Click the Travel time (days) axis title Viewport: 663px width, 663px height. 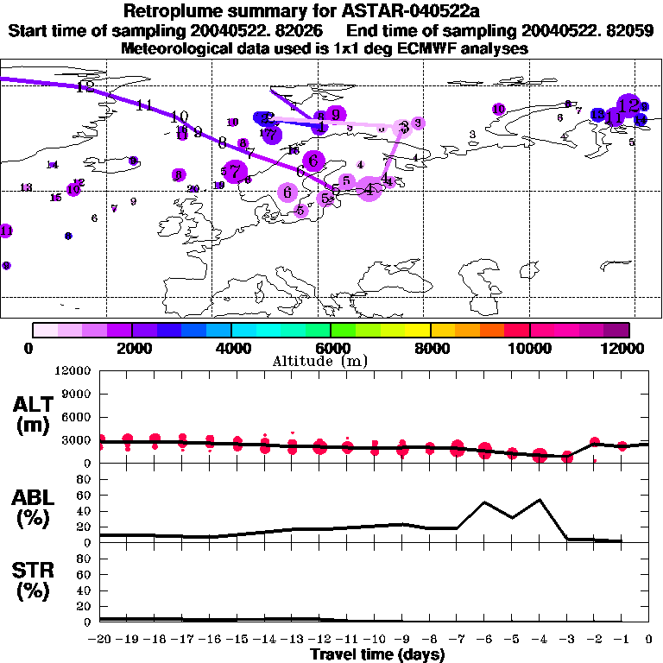pyautogui.click(x=377, y=654)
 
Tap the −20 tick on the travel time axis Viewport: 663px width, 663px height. pyautogui.click(x=100, y=640)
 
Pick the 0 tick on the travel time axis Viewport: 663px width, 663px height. pyautogui.click(x=649, y=640)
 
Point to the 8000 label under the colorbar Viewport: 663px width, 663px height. pyautogui.click(x=430, y=348)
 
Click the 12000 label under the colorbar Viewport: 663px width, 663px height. pyautogui.click(x=627, y=348)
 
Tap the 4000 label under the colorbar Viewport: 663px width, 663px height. pyautogui.click(x=231, y=348)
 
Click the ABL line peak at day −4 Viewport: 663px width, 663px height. pyautogui.click(x=540, y=499)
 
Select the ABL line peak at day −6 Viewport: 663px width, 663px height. pyautogui.click(x=484, y=502)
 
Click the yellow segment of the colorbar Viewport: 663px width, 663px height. pyautogui.click(x=418, y=330)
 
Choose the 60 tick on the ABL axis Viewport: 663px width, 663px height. pyautogui.click(x=85, y=496)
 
